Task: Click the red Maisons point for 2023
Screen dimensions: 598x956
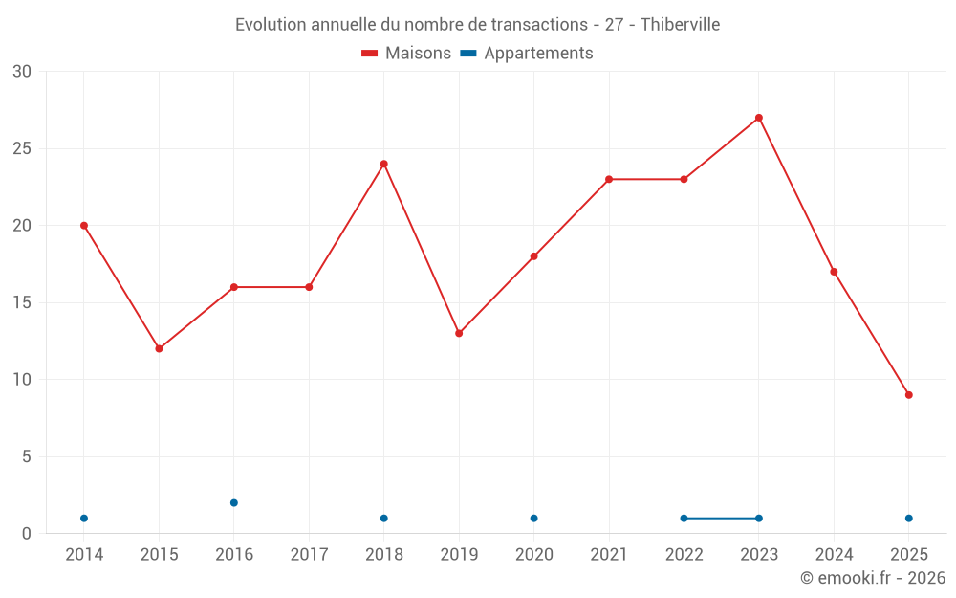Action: tap(759, 118)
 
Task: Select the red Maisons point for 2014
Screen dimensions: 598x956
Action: tap(84, 226)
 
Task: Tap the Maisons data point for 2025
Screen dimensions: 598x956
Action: tap(909, 395)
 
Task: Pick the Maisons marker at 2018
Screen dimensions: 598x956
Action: tap(384, 164)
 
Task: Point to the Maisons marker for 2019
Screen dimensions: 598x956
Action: tap(459, 333)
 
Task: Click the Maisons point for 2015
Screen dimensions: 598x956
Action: tap(159, 348)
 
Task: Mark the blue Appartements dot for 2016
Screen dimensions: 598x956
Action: tap(234, 502)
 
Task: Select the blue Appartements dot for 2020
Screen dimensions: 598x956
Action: tap(533, 519)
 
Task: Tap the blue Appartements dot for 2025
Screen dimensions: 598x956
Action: tap(909, 519)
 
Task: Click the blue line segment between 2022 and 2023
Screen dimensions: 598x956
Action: tap(722, 519)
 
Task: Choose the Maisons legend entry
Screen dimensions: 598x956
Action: tap(406, 54)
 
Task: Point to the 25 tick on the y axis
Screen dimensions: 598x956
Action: tap(21, 148)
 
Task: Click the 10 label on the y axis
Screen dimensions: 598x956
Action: tap(21, 380)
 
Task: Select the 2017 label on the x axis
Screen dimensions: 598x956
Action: tap(309, 555)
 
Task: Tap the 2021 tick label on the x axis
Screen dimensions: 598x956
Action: tap(609, 555)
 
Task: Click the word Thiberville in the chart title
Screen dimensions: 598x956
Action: tap(680, 24)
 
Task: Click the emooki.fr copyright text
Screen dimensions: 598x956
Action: tap(873, 578)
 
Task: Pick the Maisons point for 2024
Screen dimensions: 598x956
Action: tap(834, 272)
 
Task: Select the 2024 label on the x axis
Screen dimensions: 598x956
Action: tap(834, 555)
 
